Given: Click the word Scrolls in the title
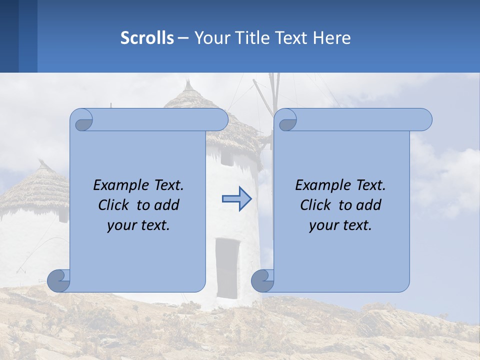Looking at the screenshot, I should (x=147, y=38).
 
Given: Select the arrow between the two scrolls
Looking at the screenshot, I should (x=237, y=199).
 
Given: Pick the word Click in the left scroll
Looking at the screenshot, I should (x=113, y=205).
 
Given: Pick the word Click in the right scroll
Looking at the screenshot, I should (x=315, y=205).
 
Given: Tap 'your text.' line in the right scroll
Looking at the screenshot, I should (x=340, y=225).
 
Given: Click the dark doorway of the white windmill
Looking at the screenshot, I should (x=227, y=267).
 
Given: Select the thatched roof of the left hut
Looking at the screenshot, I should (x=35, y=187).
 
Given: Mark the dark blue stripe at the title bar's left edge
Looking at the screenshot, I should (x=9, y=36).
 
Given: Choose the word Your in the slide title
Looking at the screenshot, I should (x=210, y=38).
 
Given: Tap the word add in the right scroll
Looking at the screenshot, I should (x=369, y=205).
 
